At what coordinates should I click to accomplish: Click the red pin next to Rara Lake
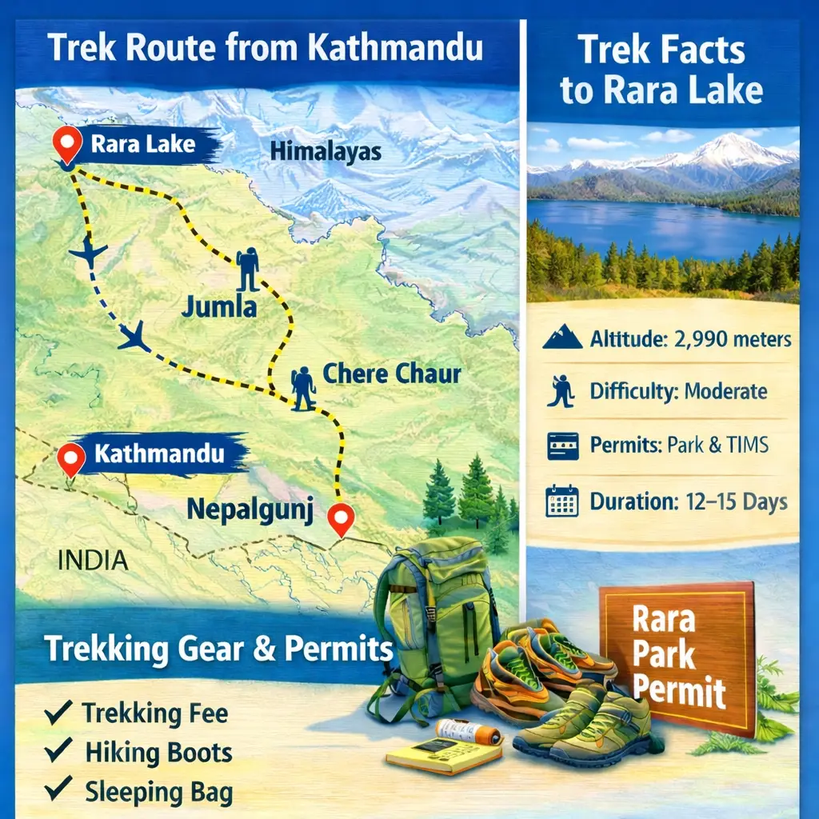tap(67, 145)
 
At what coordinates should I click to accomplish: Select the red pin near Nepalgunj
tap(342, 519)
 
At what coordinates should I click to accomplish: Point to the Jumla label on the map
tap(220, 306)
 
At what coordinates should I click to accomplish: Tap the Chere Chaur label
tap(391, 374)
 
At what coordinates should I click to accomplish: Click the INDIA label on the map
tap(93, 560)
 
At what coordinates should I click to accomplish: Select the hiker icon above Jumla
tap(247, 268)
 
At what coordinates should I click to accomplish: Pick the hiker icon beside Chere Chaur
tap(303, 388)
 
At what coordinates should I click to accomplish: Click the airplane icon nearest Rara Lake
tap(88, 254)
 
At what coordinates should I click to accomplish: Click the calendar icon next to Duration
tap(561, 501)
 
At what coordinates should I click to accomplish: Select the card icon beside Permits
tap(562, 445)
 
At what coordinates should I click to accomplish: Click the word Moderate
tap(728, 392)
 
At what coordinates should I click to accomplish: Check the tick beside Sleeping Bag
tap(59, 790)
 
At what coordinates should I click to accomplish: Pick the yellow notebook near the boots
tap(432, 753)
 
